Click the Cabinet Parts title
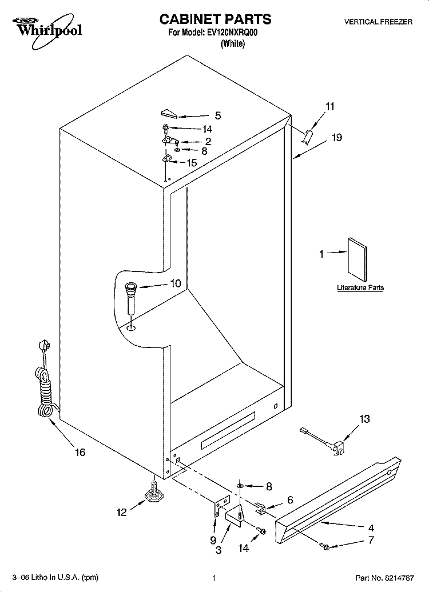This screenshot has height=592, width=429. pos(215,19)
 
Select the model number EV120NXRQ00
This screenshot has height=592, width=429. pos(232,33)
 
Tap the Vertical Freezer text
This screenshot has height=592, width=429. pos(378,22)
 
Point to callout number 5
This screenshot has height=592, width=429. pos(218,116)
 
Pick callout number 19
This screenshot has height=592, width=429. pos(336,137)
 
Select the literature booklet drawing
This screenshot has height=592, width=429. pos(357,260)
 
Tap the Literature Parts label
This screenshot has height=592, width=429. pos(360,287)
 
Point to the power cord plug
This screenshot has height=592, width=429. pos(43,347)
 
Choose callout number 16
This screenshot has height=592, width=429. pos(80,452)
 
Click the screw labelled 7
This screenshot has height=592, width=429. pos(324,546)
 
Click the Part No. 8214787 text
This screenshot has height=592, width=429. pos(385,578)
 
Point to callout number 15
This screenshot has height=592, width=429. pos(192,163)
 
